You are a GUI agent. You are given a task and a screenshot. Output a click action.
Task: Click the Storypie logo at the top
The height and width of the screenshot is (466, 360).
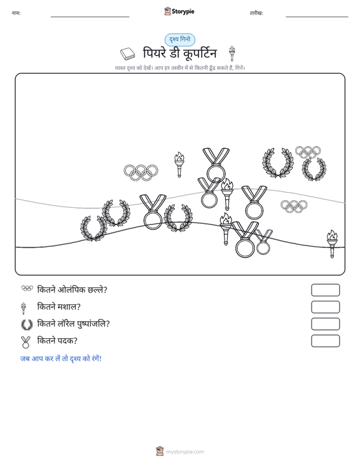coord(179,11)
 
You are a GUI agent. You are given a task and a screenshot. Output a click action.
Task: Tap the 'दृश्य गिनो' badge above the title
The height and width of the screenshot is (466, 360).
coord(180,39)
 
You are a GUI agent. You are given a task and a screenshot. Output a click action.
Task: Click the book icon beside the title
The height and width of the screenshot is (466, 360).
coord(128,54)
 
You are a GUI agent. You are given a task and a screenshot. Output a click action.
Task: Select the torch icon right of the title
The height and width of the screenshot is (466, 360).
coord(232,53)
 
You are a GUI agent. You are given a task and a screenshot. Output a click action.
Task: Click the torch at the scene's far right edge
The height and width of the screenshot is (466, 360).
coord(332,243)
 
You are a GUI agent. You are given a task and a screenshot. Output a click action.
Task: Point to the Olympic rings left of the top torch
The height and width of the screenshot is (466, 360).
coord(141,173)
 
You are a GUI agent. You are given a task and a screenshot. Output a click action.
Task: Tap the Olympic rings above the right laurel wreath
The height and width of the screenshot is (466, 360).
coord(308,152)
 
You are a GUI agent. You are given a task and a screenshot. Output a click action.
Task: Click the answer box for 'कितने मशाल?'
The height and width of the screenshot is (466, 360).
coord(325,307)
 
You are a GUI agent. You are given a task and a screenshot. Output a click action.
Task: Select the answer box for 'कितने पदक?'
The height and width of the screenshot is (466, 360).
coord(325,341)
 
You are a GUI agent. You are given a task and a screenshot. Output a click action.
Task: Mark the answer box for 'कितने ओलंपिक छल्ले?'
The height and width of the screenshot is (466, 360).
coord(325,290)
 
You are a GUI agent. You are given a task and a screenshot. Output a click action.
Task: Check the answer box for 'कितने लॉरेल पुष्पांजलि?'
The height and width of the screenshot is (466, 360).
coord(325,324)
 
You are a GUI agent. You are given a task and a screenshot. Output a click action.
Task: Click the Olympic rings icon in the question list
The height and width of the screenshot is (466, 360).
coord(27,288)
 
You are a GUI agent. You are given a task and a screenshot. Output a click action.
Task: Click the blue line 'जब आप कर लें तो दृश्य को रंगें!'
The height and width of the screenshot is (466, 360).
coord(61,359)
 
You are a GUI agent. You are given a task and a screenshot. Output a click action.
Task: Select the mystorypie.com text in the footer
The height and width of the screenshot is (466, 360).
coord(184,452)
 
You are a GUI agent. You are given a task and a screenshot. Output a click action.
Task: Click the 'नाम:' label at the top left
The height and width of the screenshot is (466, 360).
coord(16,13)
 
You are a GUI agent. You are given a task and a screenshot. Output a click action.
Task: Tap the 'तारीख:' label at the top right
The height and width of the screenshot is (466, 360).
coord(256,13)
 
